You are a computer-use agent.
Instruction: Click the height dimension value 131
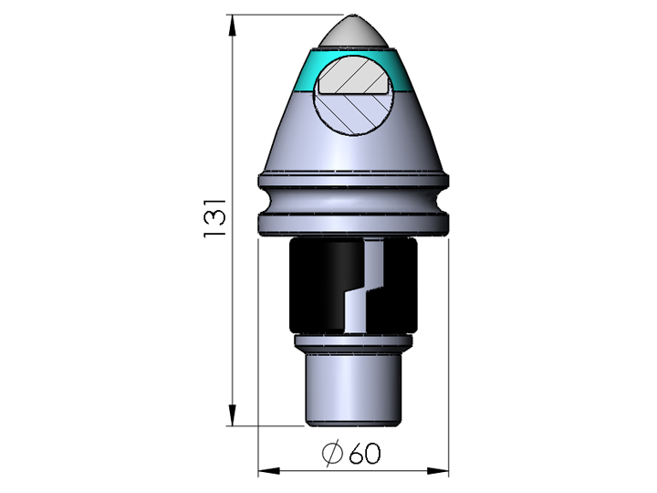pos(215,220)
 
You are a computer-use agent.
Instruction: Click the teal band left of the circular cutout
pos(308,72)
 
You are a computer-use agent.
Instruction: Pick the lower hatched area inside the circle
pos(353,112)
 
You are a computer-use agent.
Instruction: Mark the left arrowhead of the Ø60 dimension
pos(266,471)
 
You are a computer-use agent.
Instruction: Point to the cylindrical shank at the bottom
pos(353,388)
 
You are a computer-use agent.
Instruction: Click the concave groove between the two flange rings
pos(353,199)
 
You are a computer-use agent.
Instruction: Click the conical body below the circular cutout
pos(353,151)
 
